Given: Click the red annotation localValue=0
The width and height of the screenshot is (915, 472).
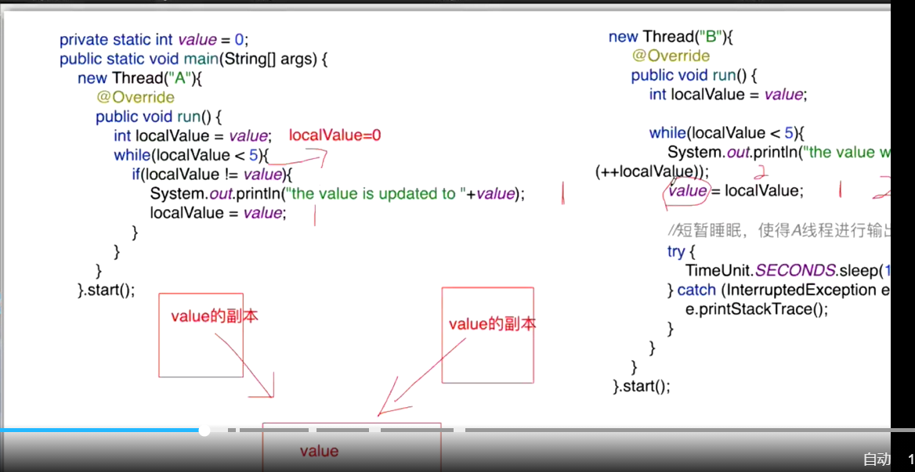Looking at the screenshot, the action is [335, 135].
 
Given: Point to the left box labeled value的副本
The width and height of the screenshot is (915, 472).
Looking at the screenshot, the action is [201, 335].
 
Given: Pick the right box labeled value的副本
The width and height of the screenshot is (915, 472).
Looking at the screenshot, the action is [487, 335].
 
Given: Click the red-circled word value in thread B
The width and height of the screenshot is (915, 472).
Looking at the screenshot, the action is [687, 191].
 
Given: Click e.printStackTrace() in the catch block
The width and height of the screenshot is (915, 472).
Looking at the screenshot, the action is [756, 308].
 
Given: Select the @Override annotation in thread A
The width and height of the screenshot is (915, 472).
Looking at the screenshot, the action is [135, 97].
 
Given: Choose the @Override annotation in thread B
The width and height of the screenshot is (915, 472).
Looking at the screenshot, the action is [671, 56].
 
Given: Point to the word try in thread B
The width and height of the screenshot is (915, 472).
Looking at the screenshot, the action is [676, 251].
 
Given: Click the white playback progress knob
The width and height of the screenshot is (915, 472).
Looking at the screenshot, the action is [204, 430].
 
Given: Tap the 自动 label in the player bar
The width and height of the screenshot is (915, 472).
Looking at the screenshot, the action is [877, 459].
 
